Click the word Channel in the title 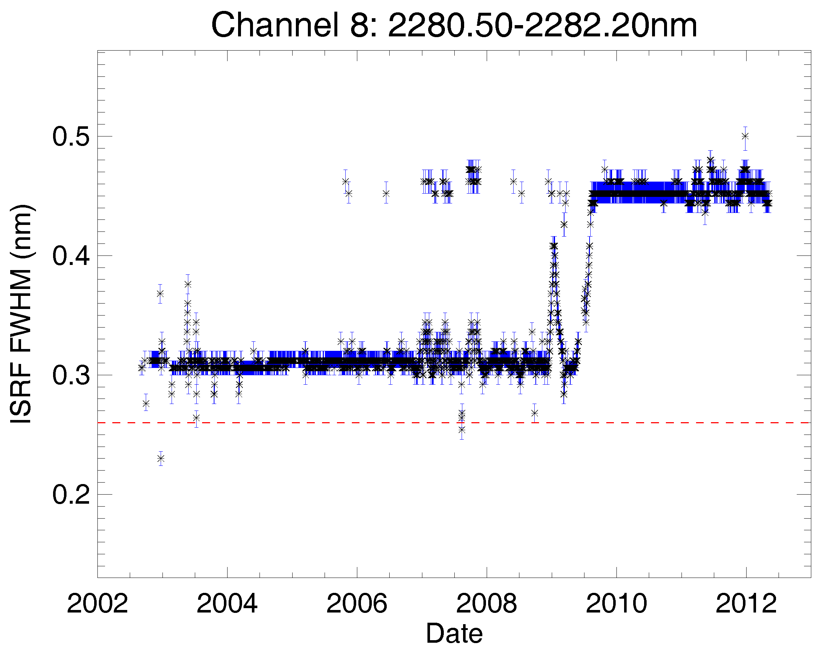274,25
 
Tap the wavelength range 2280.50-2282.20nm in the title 542,25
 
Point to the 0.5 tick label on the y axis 71,136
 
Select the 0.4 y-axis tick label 71,256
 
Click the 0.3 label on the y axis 71,376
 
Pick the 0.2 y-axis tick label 71,495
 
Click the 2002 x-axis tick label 97,604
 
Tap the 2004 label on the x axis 227,604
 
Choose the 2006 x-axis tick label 357,604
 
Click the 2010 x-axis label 616,604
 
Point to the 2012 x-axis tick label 745,604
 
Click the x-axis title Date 454,634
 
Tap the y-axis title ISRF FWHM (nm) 22,314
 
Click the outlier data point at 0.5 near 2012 745,136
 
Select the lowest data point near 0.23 161,459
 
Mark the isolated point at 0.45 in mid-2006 386,194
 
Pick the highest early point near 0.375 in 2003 188,284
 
